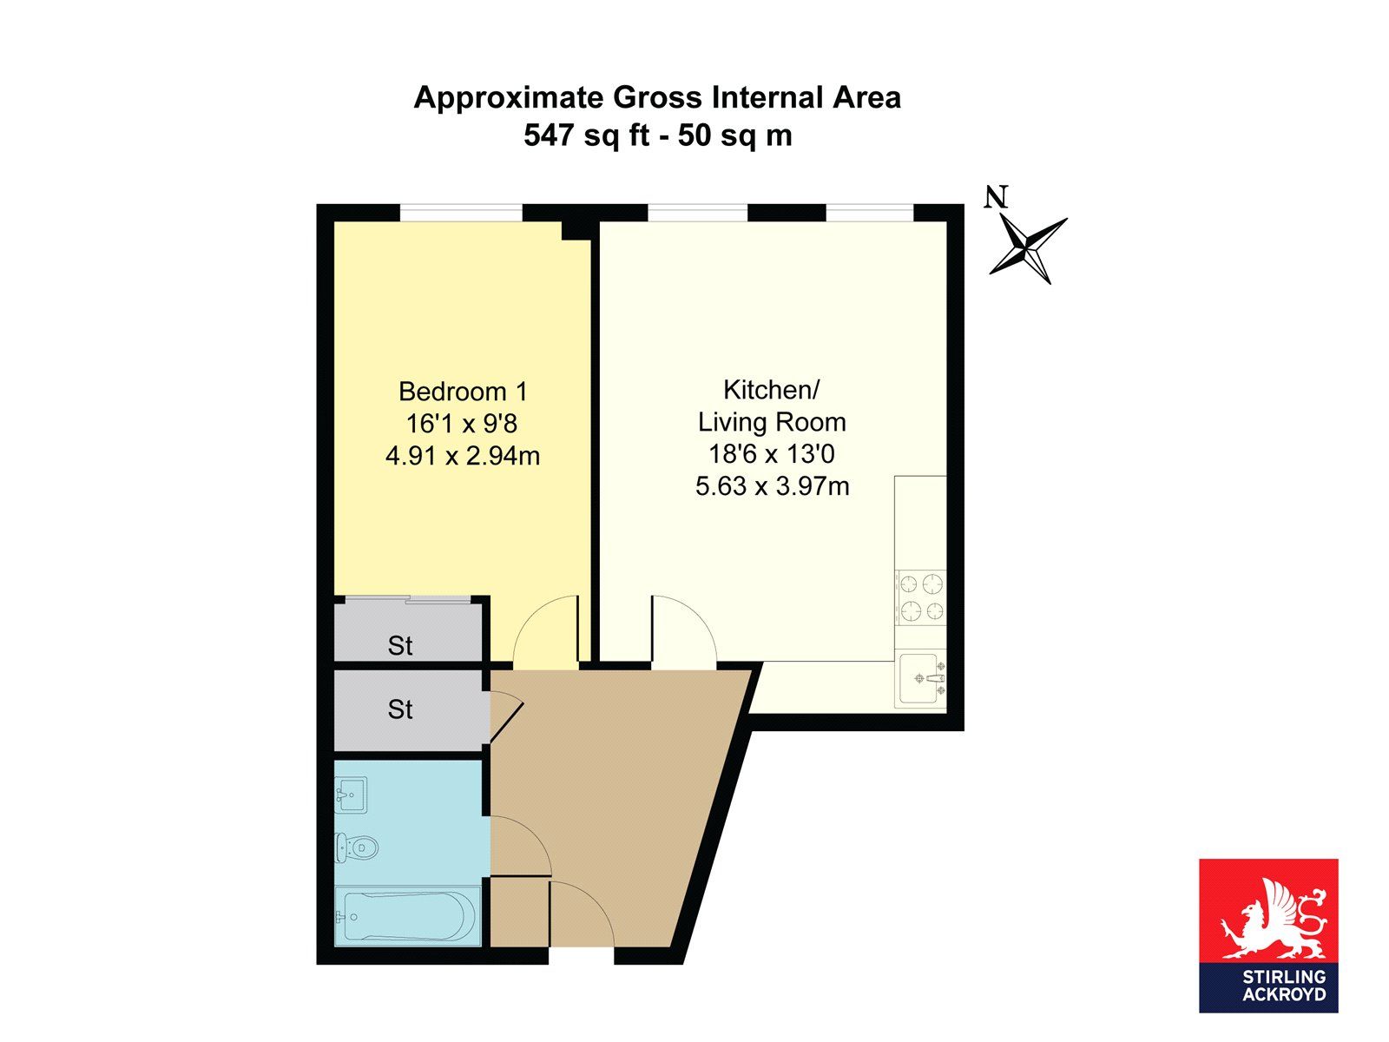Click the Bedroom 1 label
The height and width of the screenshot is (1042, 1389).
coord(463,392)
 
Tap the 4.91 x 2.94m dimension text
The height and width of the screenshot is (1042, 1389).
coord(463,456)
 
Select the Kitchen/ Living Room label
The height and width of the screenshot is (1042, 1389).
coord(772,406)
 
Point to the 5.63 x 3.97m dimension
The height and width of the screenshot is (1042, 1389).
coord(772,486)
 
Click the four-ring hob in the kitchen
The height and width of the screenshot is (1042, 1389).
coord(921,597)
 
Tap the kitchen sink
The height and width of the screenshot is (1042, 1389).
coord(921,679)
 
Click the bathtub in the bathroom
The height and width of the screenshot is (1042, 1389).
coord(408,915)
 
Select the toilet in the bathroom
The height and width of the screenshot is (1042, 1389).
coord(356,846)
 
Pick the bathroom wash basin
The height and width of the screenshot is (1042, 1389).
coord(351,795)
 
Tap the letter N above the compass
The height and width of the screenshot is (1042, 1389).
coord(996,197)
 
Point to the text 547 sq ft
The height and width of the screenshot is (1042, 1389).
coord(587,135)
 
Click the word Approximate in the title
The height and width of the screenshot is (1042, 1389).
coord(508,98)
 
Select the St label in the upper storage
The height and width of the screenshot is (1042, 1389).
coord(400,646)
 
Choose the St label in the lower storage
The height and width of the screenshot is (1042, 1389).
coord(400,709)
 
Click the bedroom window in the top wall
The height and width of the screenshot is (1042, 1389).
coord(461,213)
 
